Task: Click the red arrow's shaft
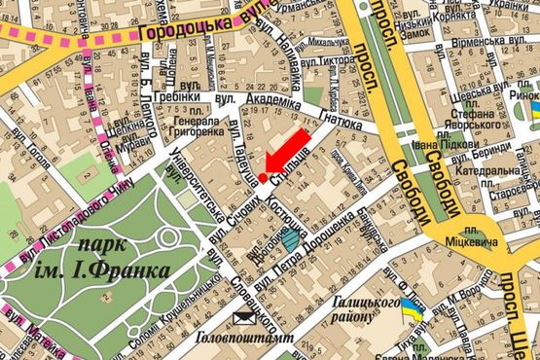click(291, 147)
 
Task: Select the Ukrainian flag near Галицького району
click(413, 314)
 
